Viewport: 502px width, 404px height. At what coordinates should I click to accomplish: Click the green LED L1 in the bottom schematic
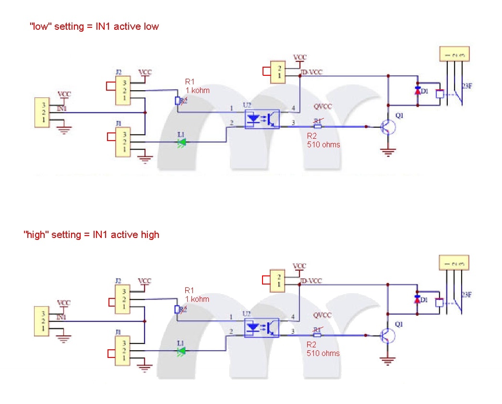pos(181,351)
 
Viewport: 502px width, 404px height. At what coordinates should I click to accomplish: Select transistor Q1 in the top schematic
pos(387,127)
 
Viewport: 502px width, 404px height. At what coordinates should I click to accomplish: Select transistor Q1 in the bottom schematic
pos(387,335)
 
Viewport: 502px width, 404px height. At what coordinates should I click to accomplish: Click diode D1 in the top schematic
pos(418,91)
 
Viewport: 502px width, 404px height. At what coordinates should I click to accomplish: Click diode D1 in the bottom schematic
pos(418,299)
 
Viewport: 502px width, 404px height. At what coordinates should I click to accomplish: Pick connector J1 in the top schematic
pos(124,142)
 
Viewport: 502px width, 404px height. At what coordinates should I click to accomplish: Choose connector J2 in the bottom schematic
pos(124,299)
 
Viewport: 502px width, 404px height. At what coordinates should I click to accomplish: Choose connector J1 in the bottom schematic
pos(124,350)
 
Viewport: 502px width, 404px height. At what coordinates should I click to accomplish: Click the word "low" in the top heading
pos(41,26)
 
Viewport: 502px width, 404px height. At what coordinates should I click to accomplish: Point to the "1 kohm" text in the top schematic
pos(197,90)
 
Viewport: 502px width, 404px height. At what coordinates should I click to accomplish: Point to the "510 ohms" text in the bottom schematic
pos(323,353)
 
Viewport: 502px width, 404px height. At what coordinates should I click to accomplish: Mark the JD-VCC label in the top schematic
pos(311,72)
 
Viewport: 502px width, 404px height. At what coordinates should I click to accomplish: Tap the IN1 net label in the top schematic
pos(61,109)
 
